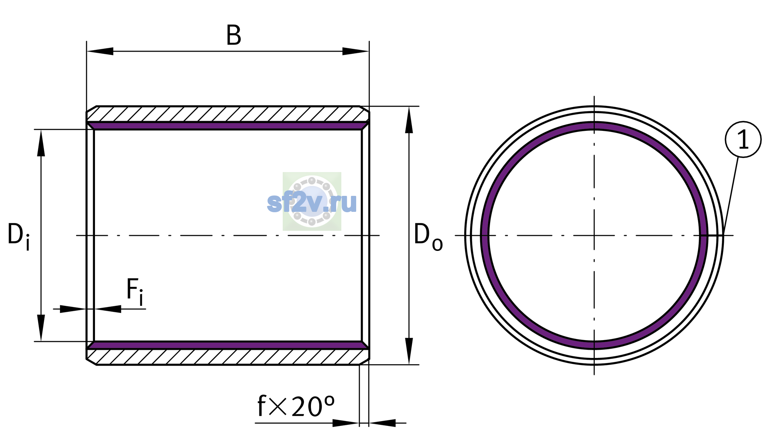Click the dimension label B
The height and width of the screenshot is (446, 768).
(234, 36)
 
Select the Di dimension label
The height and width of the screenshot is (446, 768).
(19, 236)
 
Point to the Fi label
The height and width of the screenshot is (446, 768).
(135, 292)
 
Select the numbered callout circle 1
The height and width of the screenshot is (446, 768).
(743, 139)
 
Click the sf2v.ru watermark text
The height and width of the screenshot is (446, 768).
(312, 203)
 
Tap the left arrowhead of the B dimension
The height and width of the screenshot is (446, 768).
(100, 51)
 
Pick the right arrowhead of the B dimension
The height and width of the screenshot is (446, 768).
(355, 51)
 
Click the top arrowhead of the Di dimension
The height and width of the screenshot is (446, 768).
(41, 143)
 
